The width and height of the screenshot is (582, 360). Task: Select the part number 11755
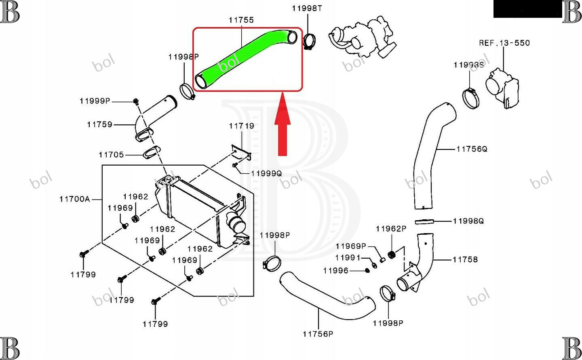point(241,20)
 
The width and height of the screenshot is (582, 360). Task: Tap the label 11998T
point(307,8)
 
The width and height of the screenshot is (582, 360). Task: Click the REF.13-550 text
point(504,43)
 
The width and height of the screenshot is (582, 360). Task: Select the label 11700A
point(74,199)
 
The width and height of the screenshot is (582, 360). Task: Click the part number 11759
point(99,124)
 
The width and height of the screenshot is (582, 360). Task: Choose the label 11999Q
point(266,173)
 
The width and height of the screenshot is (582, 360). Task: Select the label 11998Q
point(468,221)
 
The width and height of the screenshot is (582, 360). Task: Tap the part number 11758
point(465,259)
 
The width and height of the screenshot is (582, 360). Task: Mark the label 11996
point(335,270)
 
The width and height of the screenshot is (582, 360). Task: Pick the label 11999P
point(95,101)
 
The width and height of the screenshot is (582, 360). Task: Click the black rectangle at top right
point(527,9)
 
